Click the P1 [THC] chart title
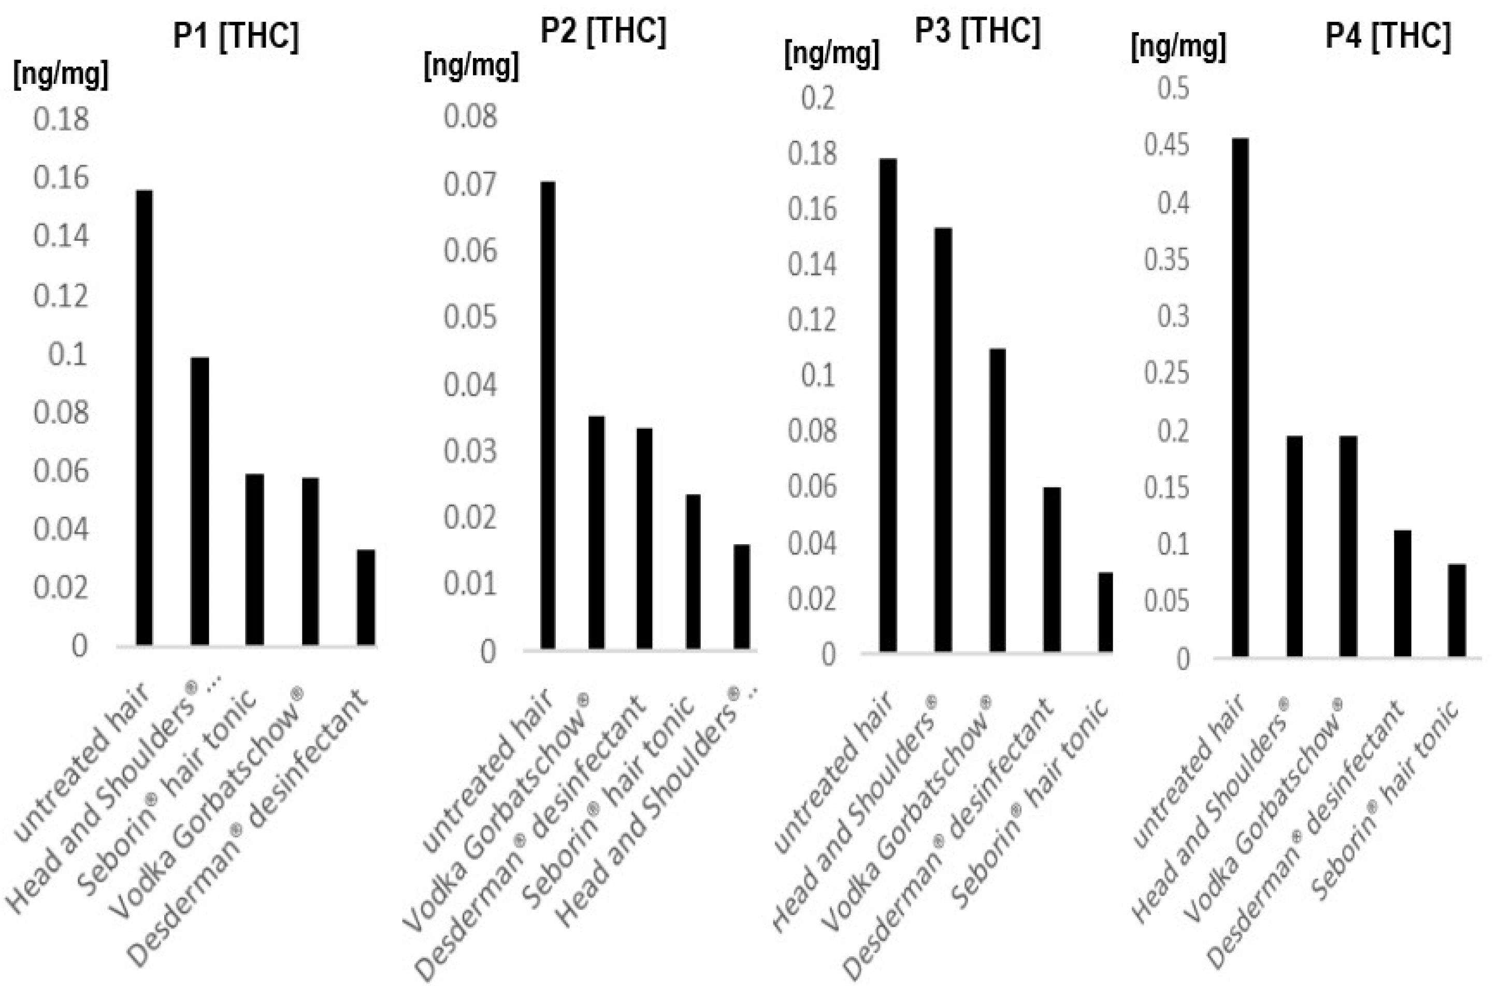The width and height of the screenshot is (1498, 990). pyautogui.click(x=236, y=36)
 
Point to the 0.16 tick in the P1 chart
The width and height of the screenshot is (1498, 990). pyautogui.click(x=61, y=179)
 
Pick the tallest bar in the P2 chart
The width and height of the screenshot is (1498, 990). pyautogui.click(x=548, y=415)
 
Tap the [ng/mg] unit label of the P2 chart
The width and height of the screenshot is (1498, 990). pyautogui.click(x=471, y=65)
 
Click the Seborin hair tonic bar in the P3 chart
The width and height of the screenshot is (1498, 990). pyautogui.click(x=1105, y=611)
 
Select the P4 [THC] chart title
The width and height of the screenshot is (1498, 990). pyautogui.click(x=1388, y=36)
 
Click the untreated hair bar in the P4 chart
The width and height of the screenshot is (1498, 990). pyautogui.click(x=1240, y=397)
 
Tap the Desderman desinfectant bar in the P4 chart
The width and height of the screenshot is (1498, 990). pyautogui.click(x=1403, y=593)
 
